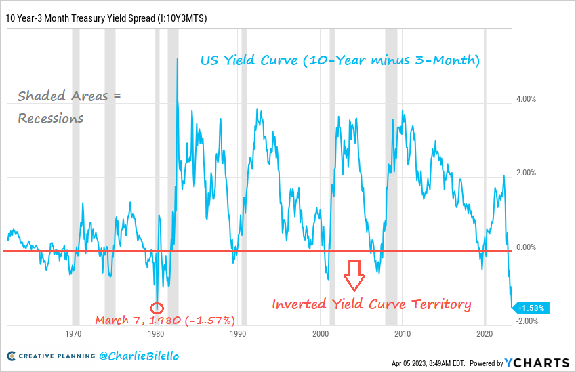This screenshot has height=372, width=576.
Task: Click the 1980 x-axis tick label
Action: tap(155, 335)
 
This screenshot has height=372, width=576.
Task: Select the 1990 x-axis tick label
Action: tap(237, 335)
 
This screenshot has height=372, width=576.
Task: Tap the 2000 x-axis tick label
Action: tap(321, 335)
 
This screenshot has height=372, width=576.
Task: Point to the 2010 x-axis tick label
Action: tap(403, 335)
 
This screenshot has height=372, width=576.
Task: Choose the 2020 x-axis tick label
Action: tap(485, 335)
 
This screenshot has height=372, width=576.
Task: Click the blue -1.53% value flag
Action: tap(533, 308)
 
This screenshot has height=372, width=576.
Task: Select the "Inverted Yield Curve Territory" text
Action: tap(371, 304)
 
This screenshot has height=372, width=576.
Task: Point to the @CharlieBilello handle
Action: tap(138, 356)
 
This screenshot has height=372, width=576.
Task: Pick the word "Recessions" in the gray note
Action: tap(51, 118)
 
